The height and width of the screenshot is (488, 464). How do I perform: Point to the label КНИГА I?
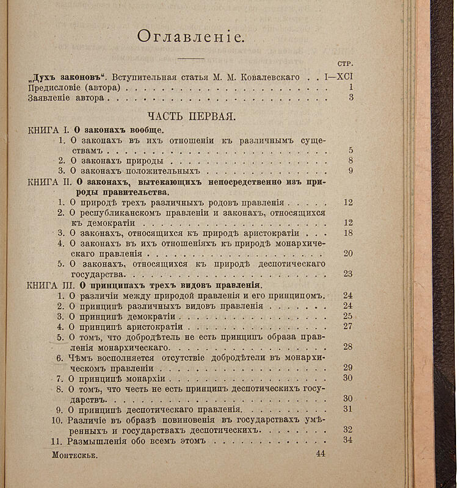click(x=49, y=130)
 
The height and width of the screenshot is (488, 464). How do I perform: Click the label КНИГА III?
click(x=53, y=285)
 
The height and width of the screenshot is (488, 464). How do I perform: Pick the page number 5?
click(x=350, y=150)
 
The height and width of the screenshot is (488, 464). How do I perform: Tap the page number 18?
click(x=349, y=233)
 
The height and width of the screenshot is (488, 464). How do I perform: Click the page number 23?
click(x=349, y=274)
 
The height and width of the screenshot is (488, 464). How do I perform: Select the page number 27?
click(x=349, y=326)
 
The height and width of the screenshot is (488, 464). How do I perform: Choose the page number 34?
click(x=349, y=440)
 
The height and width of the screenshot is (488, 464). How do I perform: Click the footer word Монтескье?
click(x=74, y=455)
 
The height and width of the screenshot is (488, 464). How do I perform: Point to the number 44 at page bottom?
click(x=321, y=454)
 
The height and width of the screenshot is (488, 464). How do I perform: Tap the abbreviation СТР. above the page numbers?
click(x=346, y=63)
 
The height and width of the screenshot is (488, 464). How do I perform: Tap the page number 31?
click(x=349, y=409)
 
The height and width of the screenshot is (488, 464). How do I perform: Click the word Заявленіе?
click(x=51, y=97)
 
